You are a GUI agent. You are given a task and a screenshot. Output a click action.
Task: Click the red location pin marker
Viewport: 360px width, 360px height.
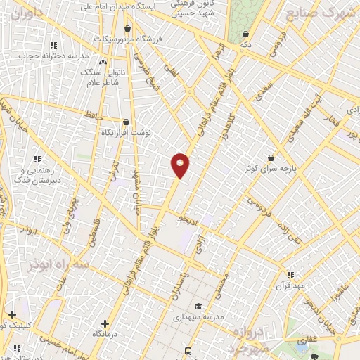point(180,165)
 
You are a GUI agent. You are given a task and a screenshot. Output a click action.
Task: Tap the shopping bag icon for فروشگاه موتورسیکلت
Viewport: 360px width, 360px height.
point(127,29)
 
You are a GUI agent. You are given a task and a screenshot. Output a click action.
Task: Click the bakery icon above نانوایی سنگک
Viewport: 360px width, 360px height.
point(103,62)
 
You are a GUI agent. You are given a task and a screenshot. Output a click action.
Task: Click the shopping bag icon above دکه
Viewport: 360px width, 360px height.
point(245,34)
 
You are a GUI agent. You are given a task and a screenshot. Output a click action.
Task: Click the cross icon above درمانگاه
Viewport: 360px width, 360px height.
point(105,323)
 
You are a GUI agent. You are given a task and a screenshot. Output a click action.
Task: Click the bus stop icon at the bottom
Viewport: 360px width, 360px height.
point(188,349)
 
